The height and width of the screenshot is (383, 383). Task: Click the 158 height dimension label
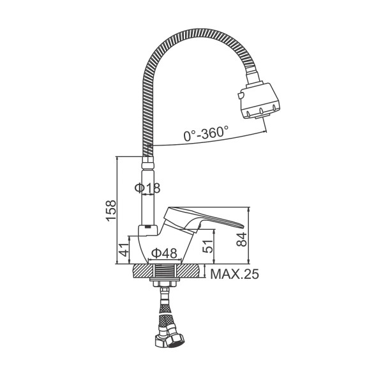pos(111,211)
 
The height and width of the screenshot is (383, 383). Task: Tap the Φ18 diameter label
pos(147,188)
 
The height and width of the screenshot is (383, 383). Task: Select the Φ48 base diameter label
pos(164,253)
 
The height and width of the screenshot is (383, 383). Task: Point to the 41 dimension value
pos(124,250)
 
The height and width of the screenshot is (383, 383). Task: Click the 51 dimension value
pos(208,246)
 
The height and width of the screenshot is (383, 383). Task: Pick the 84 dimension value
pos(242,239)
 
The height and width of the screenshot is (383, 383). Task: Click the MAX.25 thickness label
pos(234,274)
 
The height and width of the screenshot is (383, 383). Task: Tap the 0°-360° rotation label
pos(206,133)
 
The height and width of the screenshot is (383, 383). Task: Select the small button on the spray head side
pos(240,96)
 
